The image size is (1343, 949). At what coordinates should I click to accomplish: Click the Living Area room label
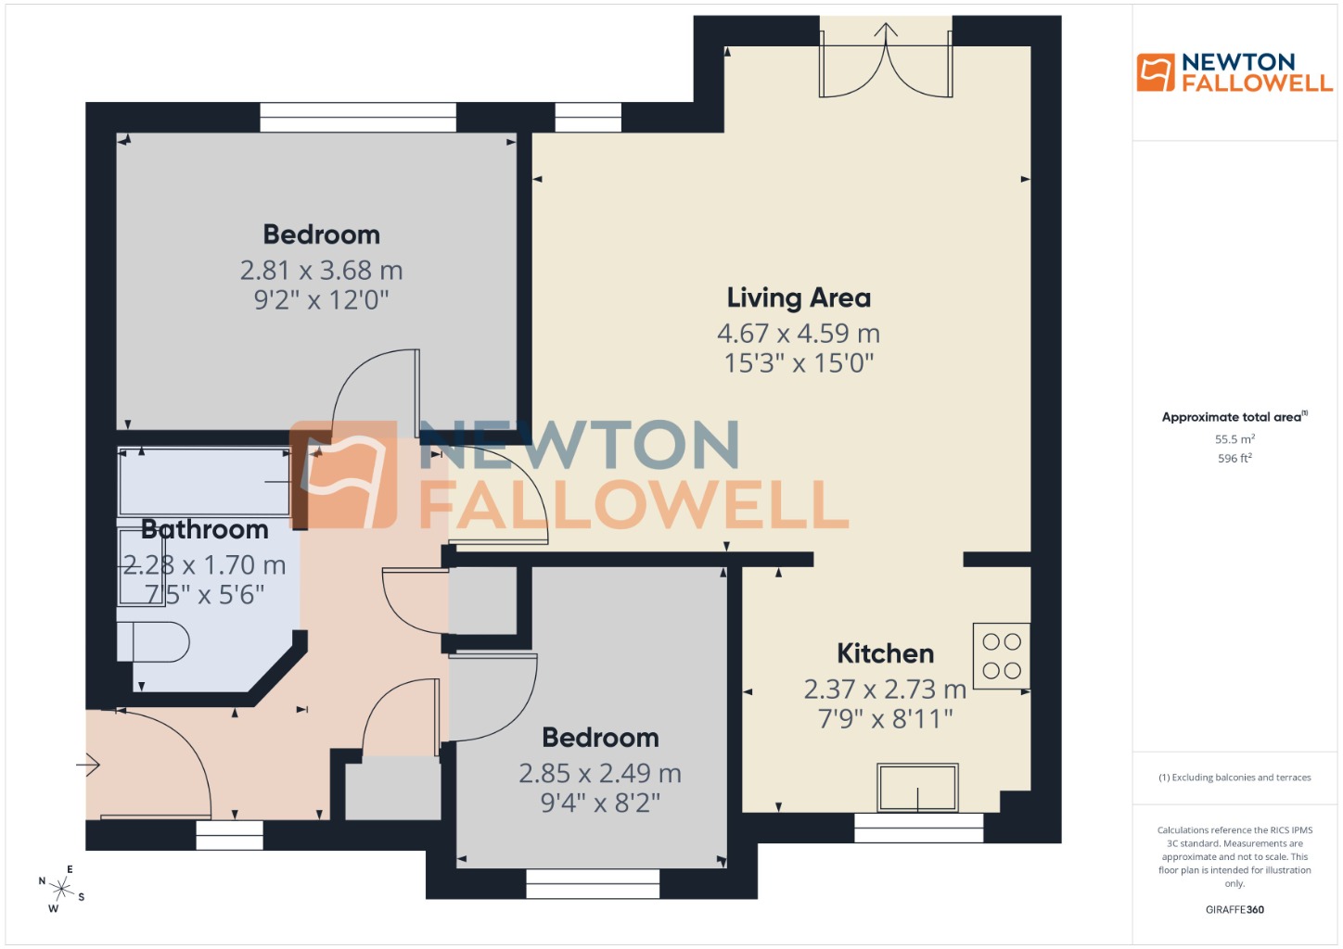(x=799, y=297)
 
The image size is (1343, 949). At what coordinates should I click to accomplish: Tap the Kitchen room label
(x=885, y=653)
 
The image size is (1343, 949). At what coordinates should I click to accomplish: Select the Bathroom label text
(x=205, y=529)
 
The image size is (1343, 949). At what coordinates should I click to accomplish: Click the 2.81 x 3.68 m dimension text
(x=321, y=271)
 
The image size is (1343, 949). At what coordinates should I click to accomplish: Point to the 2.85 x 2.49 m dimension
(x=600, y=773)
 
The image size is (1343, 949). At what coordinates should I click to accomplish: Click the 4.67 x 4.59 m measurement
(x=799, y=333)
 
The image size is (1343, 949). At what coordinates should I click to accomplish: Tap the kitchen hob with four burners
(x=1001, y=655)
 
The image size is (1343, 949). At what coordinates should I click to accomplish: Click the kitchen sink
(x=917, y=788)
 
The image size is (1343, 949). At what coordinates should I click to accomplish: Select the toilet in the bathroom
(x=154, y=642)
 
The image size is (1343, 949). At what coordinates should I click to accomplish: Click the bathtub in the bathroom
(x=204, y=481)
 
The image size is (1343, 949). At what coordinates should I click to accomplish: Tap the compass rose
(x=61, y=890)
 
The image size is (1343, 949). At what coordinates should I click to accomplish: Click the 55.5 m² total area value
(x=1234, y=439)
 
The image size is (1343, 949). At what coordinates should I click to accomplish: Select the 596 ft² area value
(x=1234, y=458)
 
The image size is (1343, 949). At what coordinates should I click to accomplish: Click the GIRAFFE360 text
(x=1234, y=909)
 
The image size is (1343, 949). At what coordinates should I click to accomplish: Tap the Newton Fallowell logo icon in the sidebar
(x=1156, y=72)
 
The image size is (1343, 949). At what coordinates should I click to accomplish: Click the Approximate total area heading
(x=1234, y=417)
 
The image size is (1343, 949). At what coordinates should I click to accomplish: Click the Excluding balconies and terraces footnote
(x=1234, y=778)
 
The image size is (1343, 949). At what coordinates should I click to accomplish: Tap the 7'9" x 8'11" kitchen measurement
(x=885, y=718)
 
